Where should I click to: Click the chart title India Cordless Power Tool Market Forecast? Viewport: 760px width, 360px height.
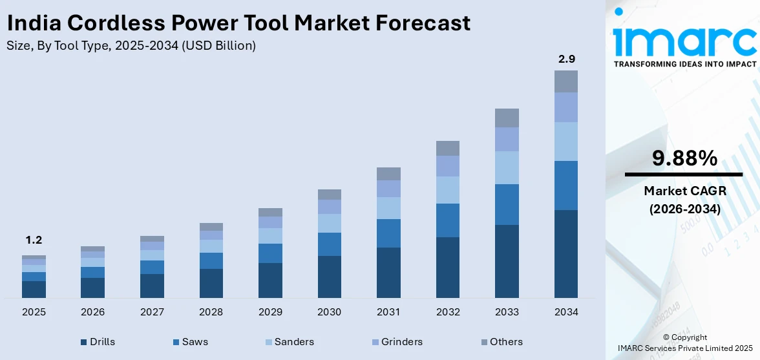pyautogui.click(x=238, y=23)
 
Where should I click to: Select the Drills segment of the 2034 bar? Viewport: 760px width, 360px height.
pyautogui.click(x=566, y=253)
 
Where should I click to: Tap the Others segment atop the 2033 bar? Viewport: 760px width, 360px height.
pyautogui.click(x=507, y=118)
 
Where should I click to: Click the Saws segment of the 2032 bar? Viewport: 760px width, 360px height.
pyautogui.click(x=448, y=220)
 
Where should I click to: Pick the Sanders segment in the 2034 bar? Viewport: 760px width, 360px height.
pyautogui.click(x=566, y=141)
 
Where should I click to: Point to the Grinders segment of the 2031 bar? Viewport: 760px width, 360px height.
pyautogui.click(x=388, y=188)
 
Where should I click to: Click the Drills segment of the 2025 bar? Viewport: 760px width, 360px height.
pyautogui.click(x=34, y=289)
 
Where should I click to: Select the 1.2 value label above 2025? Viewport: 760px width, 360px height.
pyautogui.click(x=34, y=240)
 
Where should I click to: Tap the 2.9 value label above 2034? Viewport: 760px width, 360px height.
pyautogui.click(x=566, y=59)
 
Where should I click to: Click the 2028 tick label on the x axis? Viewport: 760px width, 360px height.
pyautogui.click(x=211, y=312)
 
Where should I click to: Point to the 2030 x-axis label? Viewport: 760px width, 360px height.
pyautogui.click(x=330, y=312)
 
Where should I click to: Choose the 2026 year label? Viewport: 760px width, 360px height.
pyautogui.click(x=93, y=312)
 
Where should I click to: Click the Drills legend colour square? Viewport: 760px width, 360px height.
pyautogui.click(x=83, y=342)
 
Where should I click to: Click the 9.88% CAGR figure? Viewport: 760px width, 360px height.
pyautogui.click(x=684, y=158)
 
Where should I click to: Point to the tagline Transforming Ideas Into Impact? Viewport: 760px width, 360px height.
pyautogui.click(x=684, y=64)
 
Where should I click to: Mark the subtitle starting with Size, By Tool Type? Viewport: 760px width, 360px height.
pyautogui.click(x=131, y=46)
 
